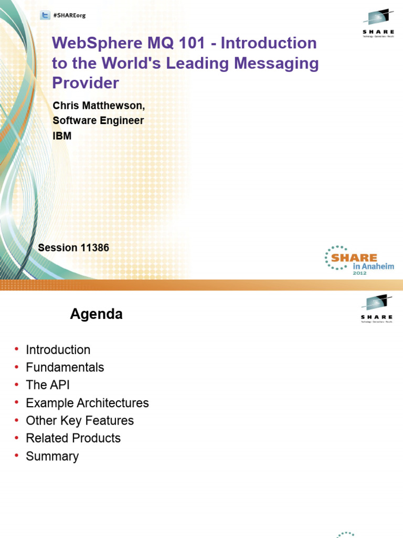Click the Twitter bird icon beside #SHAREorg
click(45, 16)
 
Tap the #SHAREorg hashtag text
click(69, 16)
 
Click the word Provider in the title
click(86, 83)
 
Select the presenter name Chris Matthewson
click(98, 106)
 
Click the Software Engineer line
click(98, 121)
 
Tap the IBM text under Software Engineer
click(62, 136)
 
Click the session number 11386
click(94, 247)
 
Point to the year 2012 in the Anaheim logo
click(359, 273)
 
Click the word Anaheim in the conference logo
click(373, 266)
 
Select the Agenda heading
click(97, 314)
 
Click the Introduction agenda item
click(58, 350)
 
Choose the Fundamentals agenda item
click(65, 367)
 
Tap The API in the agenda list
click(48, 385)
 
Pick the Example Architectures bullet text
click(87, 403)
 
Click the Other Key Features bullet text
click(80, 421)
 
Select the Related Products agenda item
click(73, 438)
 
